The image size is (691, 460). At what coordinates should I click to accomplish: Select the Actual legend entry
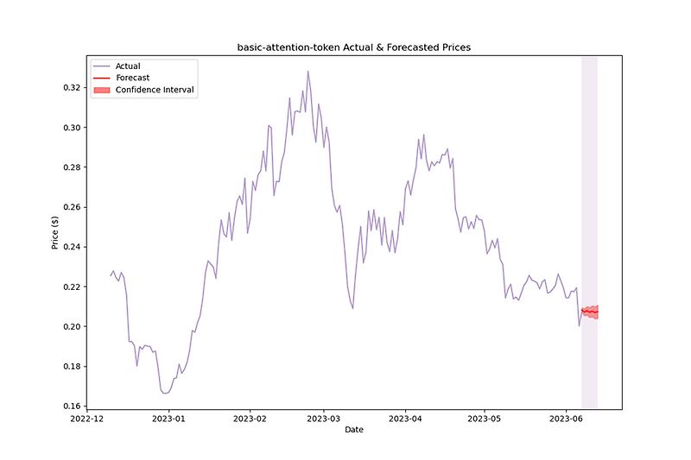(x=128, y=66)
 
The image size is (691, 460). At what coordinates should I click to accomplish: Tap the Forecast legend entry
(x=132, y=78)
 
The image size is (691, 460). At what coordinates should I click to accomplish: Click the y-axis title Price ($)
(x=55, y=233)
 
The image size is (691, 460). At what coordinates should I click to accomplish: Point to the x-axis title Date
(x=354, y=429)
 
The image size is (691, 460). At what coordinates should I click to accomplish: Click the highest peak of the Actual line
(x=307, y=72)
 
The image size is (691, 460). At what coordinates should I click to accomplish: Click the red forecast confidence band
(x=590, y=312)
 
